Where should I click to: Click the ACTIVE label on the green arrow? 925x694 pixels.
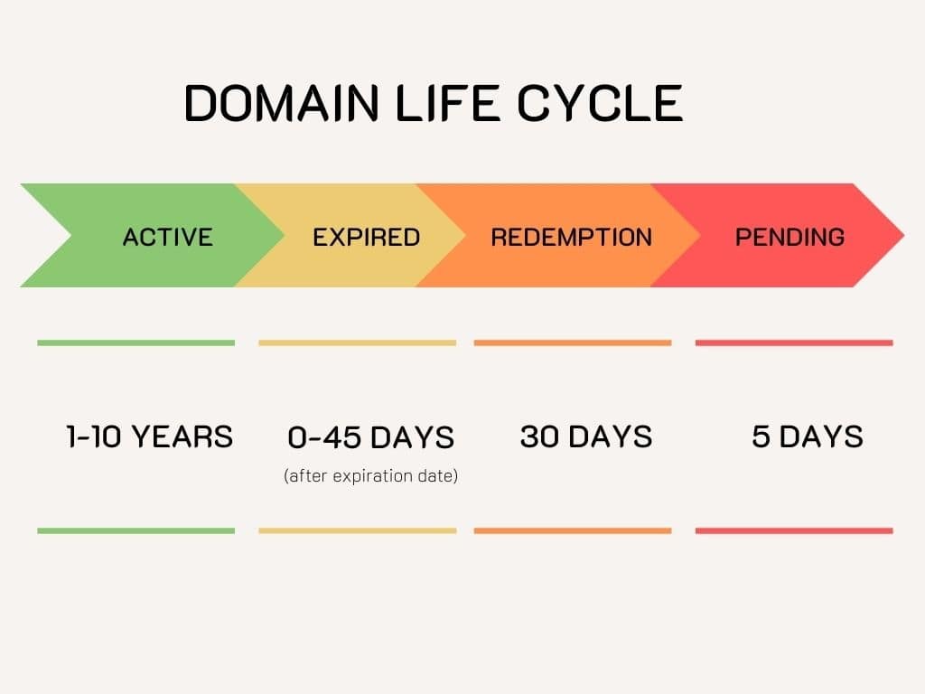[167, 237]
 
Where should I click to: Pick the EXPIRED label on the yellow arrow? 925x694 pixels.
[366, 237]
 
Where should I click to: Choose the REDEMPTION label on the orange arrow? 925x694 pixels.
[571, 237]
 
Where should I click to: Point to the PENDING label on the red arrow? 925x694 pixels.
[790, 237]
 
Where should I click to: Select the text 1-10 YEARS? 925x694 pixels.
[149, 436]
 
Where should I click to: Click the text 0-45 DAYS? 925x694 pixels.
[370, 437]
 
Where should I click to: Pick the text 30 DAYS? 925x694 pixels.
[585, 436]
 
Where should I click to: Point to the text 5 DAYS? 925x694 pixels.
[807, 436]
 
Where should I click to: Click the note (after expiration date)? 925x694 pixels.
[370, 475]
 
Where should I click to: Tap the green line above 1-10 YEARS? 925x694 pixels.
[135, 343]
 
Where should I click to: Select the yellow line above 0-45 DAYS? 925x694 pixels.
[357, 343]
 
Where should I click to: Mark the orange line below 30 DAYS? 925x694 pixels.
[572, 530]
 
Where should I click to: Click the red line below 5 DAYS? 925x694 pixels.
[793, 530]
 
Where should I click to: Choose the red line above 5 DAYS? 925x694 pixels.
[793, 343]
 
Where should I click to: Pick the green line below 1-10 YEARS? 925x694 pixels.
[135, 530]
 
